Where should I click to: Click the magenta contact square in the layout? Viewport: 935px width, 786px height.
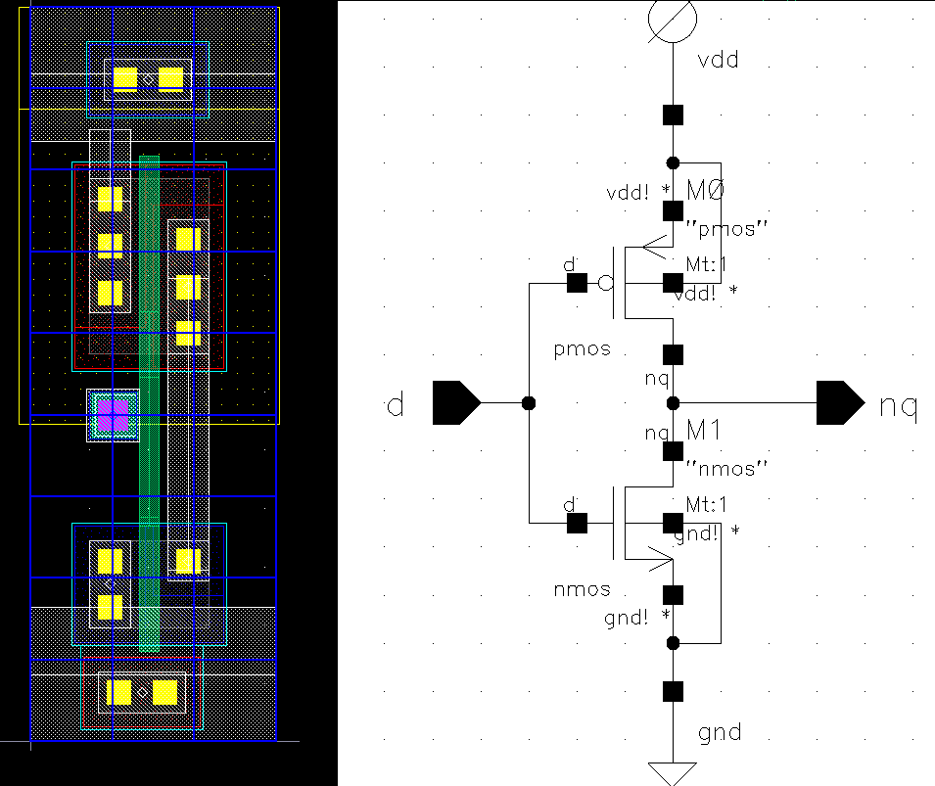pos(113,415)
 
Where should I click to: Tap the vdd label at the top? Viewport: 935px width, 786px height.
pos(718,61)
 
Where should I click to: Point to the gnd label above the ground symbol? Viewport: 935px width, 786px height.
pos(720,732)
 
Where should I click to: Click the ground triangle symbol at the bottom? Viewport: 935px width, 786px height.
pos(673,772)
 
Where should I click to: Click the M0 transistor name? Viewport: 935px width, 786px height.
pos(708,188)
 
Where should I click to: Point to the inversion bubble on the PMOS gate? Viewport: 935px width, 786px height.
pos(606,284)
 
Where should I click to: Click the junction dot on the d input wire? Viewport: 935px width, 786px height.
pos(529,402)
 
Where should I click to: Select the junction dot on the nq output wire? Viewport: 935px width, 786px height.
pos(673,402)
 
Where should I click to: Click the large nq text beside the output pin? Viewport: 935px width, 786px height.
pos(898,406)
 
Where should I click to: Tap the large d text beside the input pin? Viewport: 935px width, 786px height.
pos(396,404)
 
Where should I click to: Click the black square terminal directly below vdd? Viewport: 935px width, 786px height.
pos(673,115)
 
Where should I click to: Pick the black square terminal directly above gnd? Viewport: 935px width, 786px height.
pos(673,692)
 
